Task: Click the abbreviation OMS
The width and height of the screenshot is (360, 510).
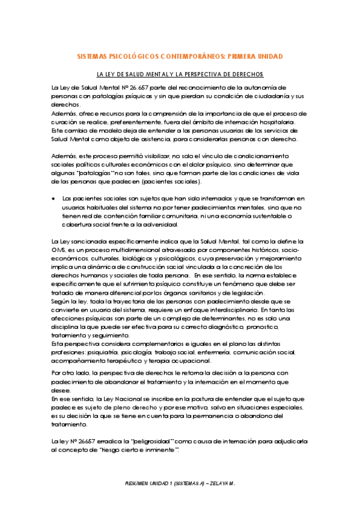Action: (x=59, y=250)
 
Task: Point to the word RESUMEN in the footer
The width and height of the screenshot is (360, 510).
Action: (x=139, y=483)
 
